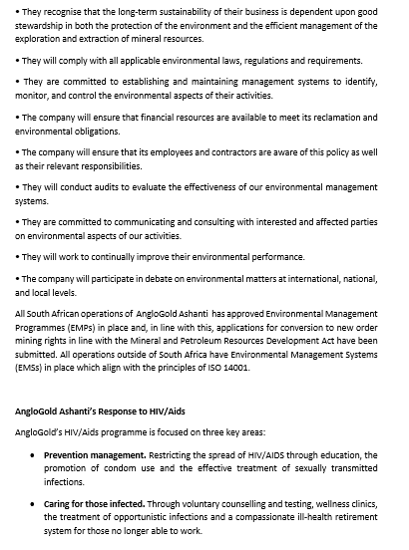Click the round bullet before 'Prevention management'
(35, 455)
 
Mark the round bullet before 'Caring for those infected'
(35, 504)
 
